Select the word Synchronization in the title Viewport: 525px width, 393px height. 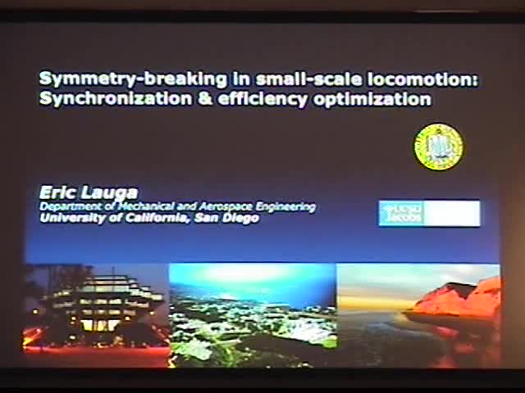tap(99, 100)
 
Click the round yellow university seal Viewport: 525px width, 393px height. tap(438, 147)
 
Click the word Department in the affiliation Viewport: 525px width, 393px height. tap(66, 207)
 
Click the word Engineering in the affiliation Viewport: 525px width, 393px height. tap(285, 207)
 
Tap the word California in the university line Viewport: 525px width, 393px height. tap(148, 219)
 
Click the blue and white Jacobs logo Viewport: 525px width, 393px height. tap(429, 213)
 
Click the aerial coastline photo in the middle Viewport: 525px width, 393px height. tap(253, 314)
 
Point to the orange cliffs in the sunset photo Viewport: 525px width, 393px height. tap(459, 299)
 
